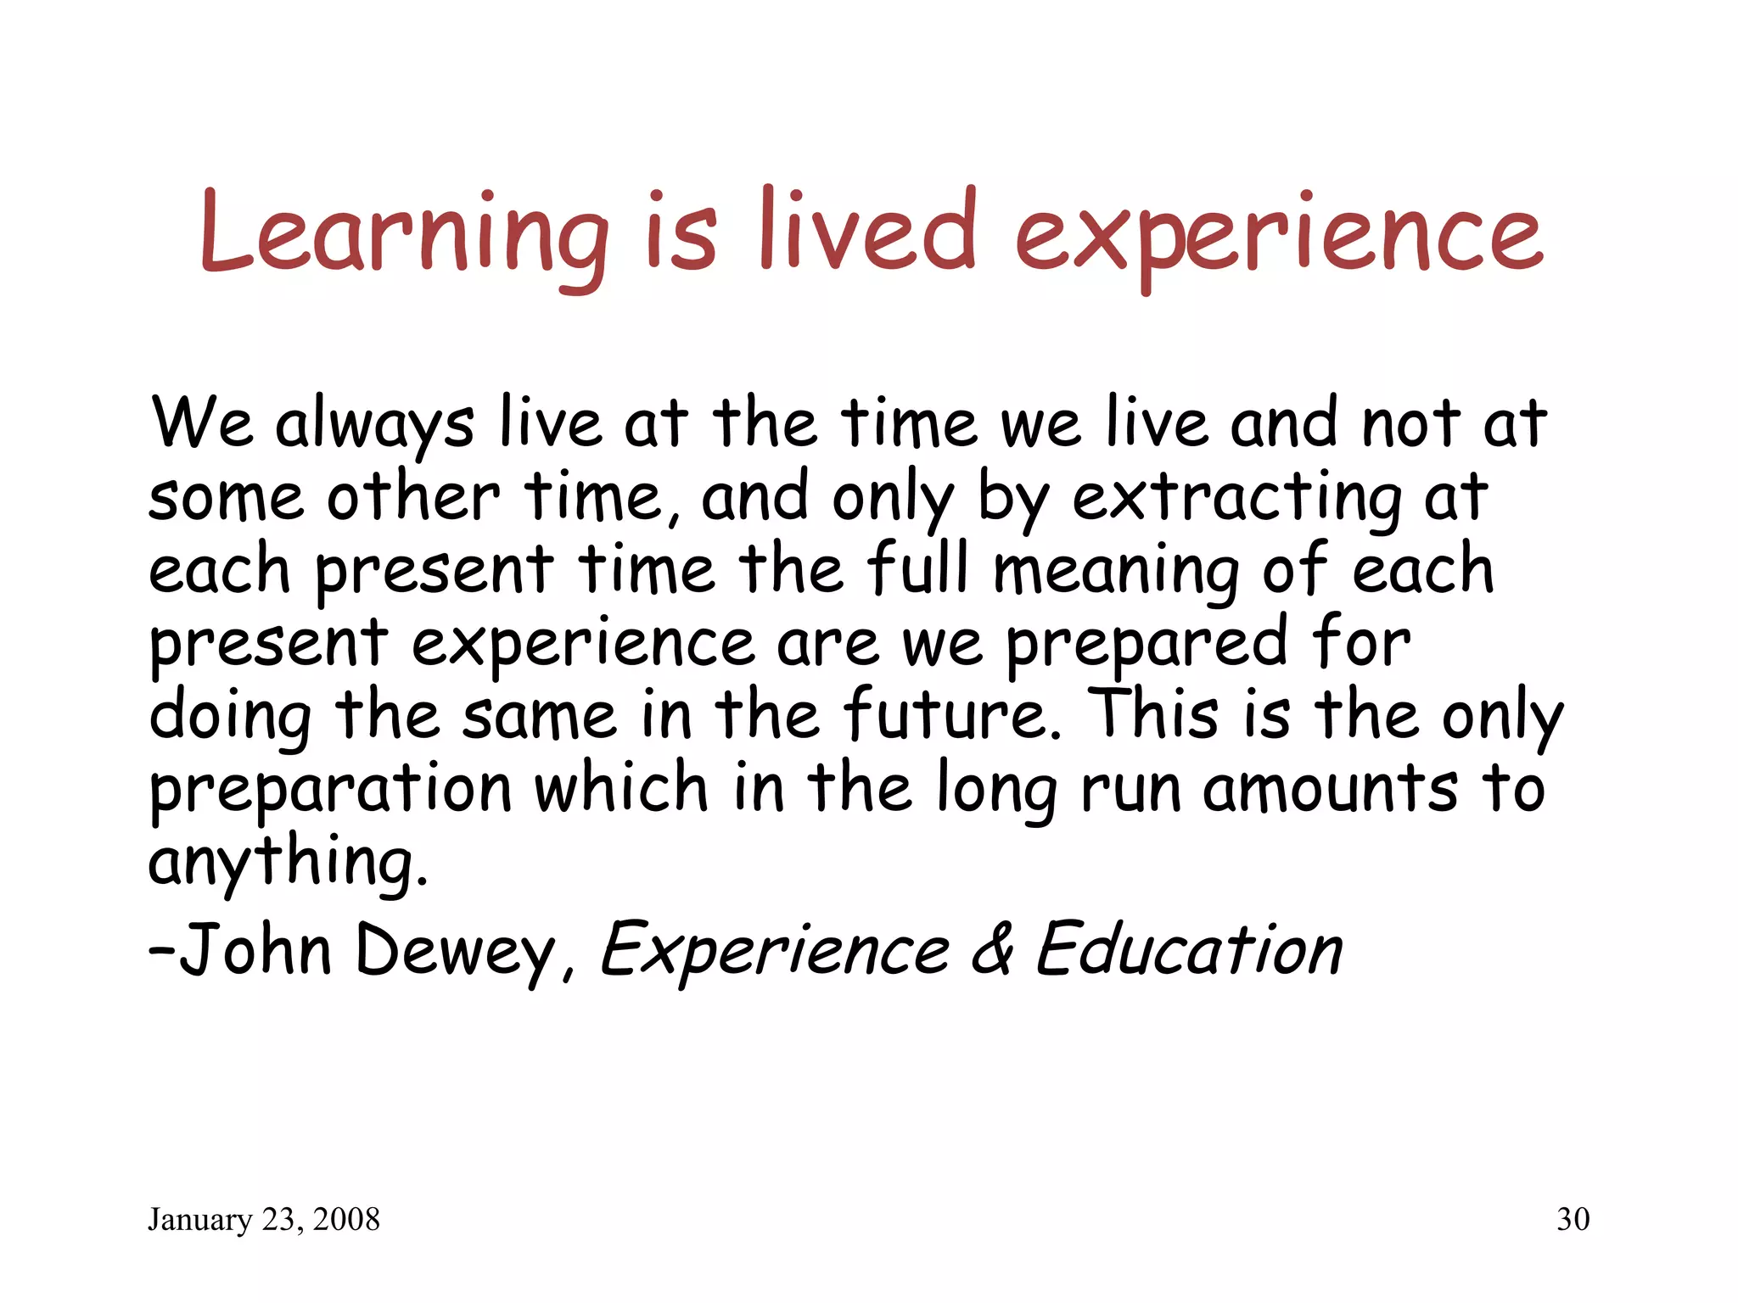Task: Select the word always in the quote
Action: (374, 424)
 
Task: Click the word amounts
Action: (1330, 788)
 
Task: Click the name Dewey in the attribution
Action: (455, 951)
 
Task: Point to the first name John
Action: (255, 949)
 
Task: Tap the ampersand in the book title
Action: (992, 949)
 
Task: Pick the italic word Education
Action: (1189, 949)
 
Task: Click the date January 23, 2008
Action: (264, 1220)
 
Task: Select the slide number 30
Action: (1573, 1220)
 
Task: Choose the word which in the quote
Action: (620, 788)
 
